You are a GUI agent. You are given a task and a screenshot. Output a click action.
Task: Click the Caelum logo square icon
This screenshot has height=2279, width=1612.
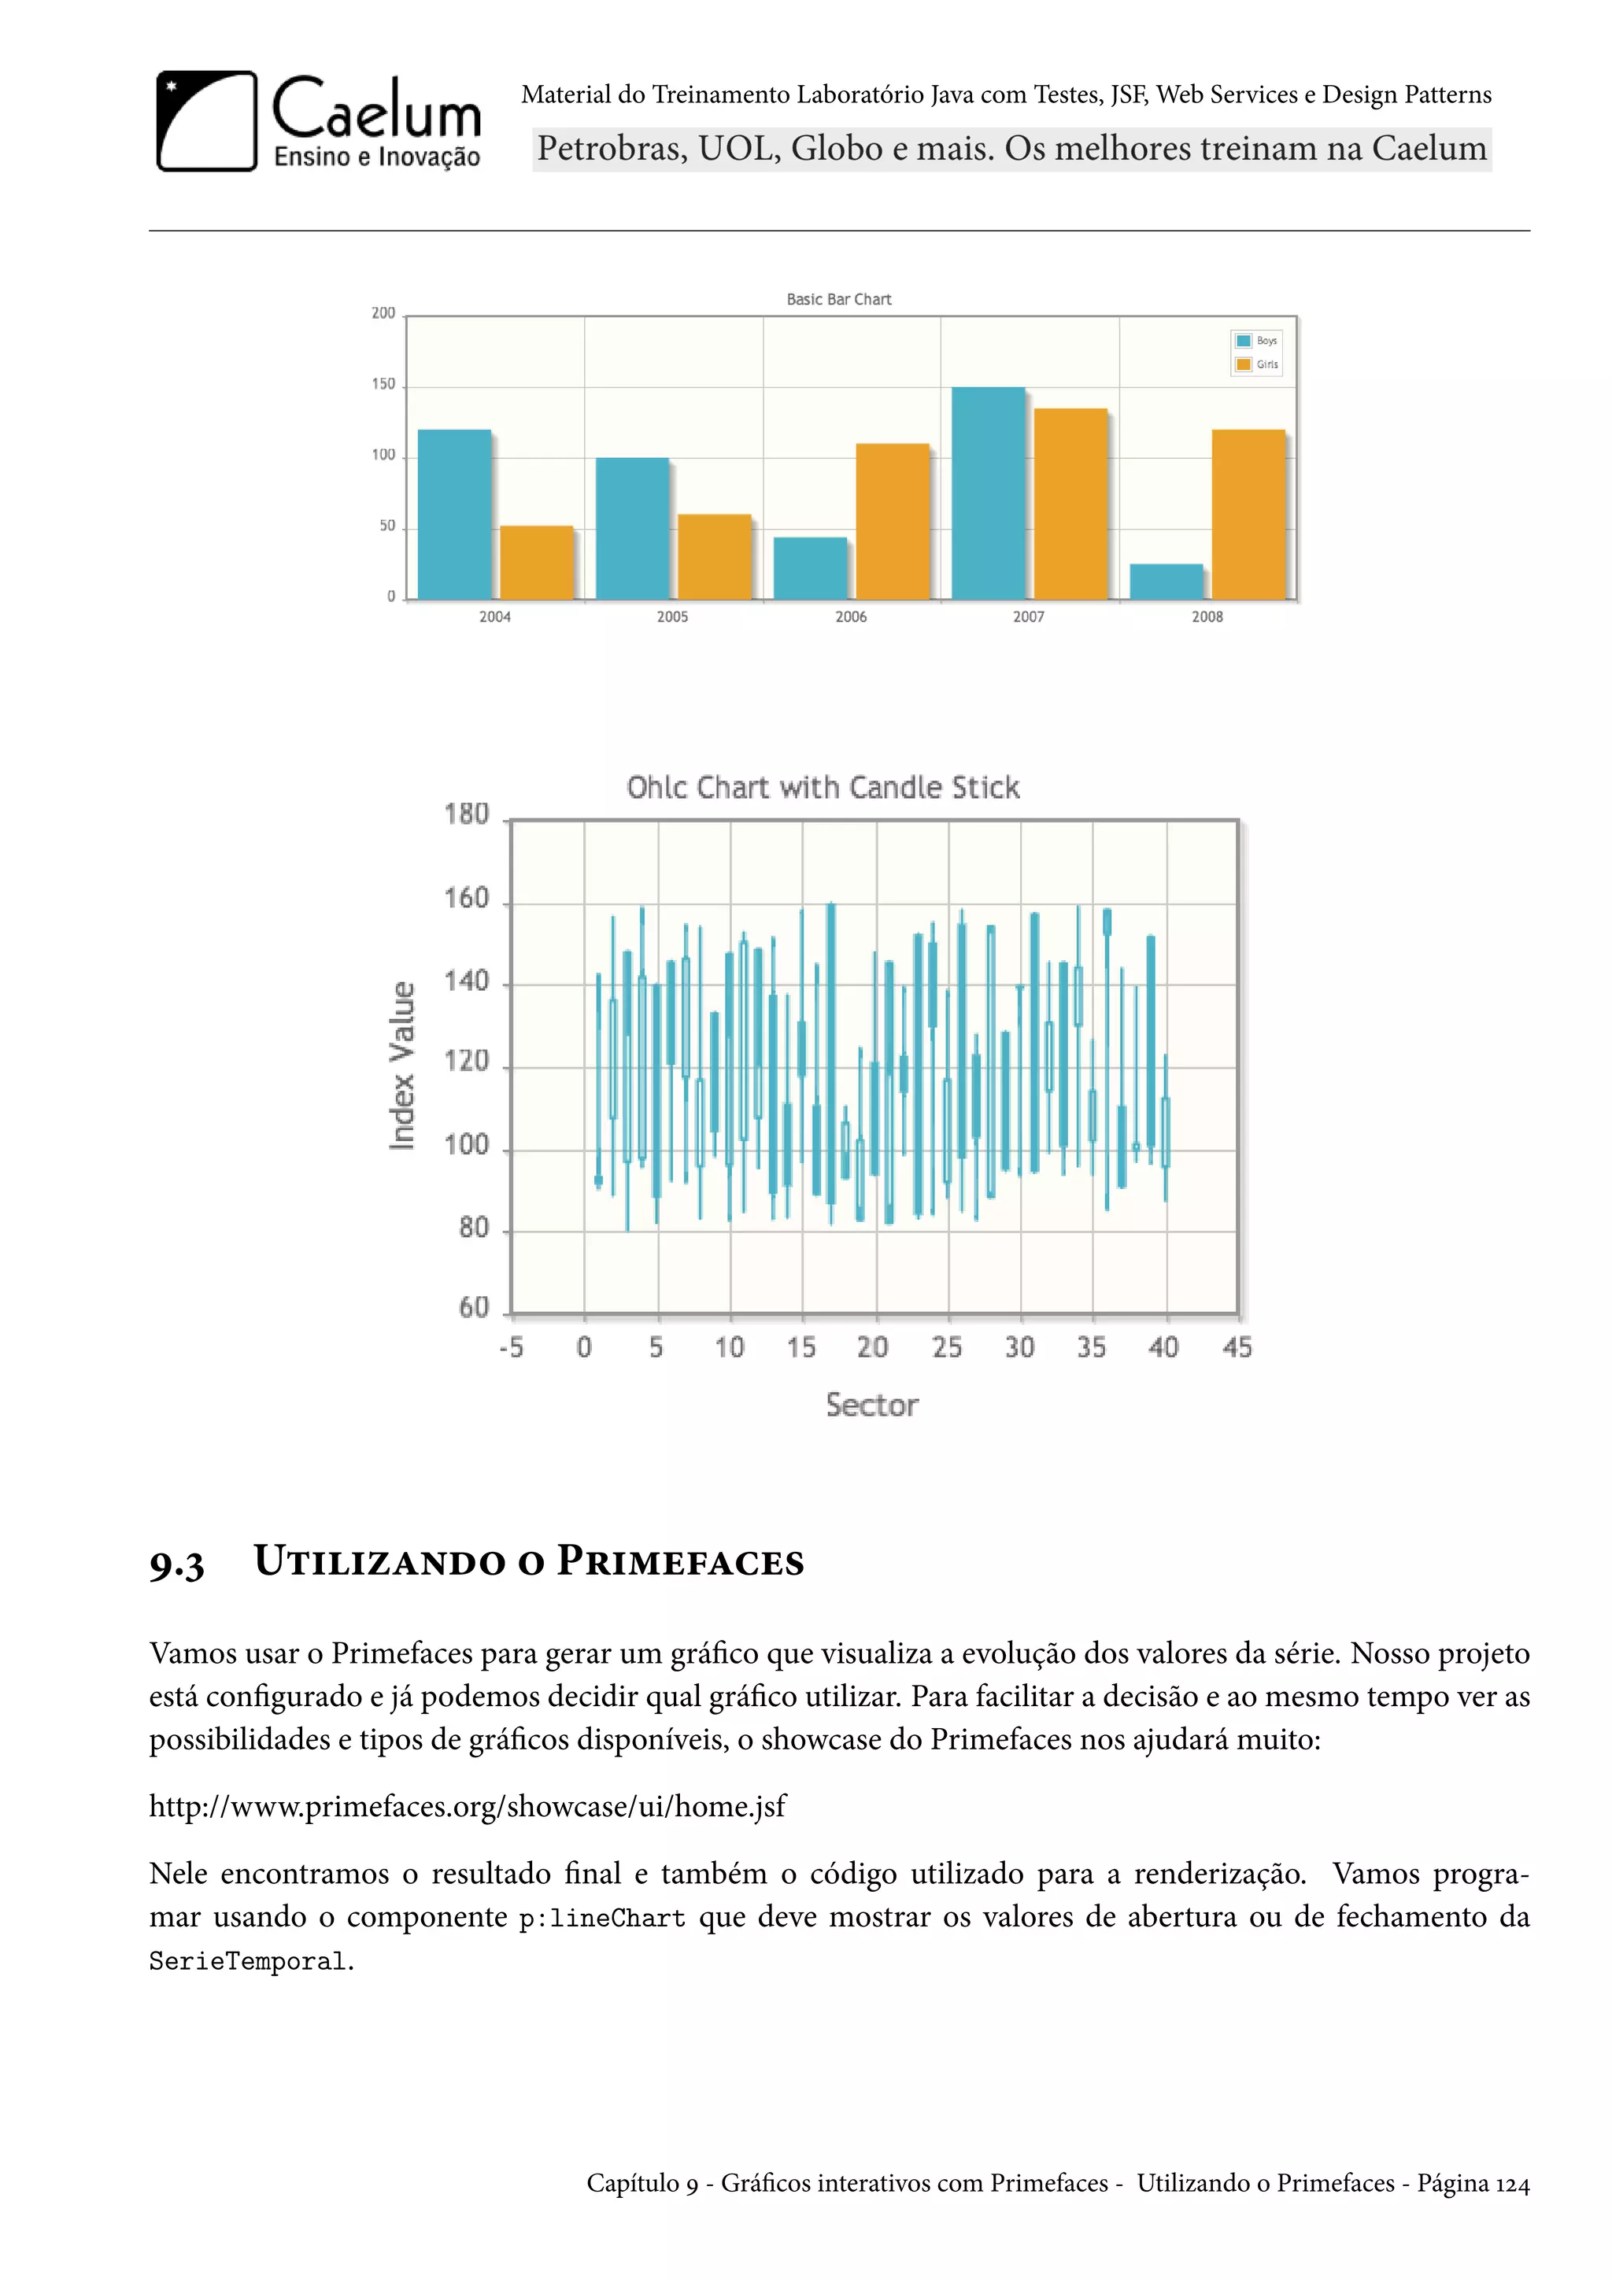click(x=206, y=120)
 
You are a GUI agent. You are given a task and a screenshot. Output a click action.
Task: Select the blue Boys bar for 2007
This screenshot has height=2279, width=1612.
click(x=988, y=493)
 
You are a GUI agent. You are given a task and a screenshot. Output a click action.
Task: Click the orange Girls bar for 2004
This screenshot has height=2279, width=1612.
click(x=536, y=562)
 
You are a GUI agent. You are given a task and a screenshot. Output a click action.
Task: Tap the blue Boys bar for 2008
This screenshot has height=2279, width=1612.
click(x=1166, y=582)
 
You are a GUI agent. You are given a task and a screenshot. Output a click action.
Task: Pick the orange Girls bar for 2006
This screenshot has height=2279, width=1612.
click(x=893, y=521)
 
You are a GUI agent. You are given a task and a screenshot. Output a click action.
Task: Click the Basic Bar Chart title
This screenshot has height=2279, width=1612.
click(x=839, y=299)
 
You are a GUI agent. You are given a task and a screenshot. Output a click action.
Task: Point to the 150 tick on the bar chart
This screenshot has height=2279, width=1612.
click(x=383, y=384)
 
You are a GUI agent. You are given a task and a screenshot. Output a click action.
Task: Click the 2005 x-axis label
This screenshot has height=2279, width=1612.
click(x=672, y=616)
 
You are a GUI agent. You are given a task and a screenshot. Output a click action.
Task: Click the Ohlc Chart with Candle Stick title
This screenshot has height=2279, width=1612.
click(x=823, y=787)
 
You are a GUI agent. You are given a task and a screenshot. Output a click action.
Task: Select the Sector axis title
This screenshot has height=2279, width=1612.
click(x=871, y=1405)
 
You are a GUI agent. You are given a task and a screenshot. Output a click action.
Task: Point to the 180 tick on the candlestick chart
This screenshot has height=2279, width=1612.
click(x=467, y=815)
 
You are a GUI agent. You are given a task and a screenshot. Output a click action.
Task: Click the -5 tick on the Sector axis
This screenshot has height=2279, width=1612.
click(x=511, y=1347)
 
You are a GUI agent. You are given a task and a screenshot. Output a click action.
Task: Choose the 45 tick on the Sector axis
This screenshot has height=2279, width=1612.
click(x=1237, y=1347)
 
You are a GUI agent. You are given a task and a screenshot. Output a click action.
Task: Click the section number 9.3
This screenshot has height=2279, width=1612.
click(x=176, y=1565)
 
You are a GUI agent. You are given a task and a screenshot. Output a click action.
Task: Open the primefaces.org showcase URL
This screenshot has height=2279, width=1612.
click(x=467, y=1805)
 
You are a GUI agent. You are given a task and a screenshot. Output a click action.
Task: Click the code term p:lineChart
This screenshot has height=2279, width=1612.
click(x=601, y=1919)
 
